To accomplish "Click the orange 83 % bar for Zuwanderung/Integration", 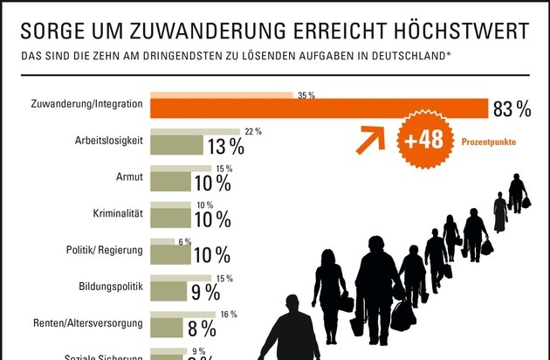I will point(319,108).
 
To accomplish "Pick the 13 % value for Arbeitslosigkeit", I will point(224,146).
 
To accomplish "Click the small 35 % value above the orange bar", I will point(306,94).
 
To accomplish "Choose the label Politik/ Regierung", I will point(105,249).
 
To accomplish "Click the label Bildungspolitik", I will point(110,286).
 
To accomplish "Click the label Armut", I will point(128,177).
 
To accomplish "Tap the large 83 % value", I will point(512,109).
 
